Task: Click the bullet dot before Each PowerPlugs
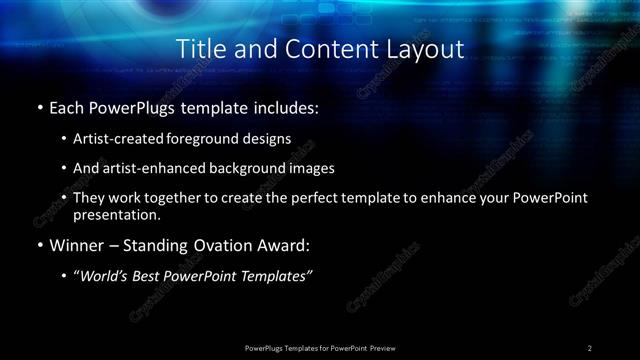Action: tap(39, 106)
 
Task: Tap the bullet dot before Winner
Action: tap(39, 246)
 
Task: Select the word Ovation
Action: tap(226, 246)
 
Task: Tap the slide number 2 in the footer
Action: tap(590, 348)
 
